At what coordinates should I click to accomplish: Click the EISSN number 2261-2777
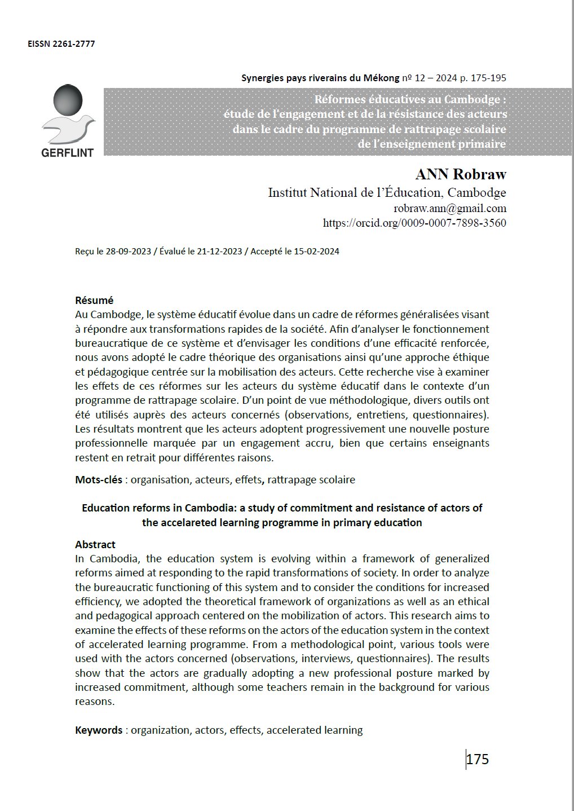[73, 44]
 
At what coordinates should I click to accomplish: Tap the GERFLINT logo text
[67, 153]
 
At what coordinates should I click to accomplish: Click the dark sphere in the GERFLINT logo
[68, 100]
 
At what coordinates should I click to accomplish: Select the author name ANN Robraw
[461, 174]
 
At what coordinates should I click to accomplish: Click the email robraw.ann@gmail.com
[449, 209]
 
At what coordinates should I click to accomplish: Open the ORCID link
[414, 223]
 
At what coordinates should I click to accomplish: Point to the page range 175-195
[488, 78]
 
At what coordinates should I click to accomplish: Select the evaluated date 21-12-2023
[219, 252]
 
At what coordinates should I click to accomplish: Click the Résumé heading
[94, 301]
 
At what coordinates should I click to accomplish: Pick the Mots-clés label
[99, 480]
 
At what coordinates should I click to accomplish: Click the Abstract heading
[95, 545]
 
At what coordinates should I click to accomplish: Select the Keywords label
[99, 730]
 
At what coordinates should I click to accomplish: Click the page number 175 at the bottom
[478, 760]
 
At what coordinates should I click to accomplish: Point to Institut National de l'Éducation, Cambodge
[387, 193]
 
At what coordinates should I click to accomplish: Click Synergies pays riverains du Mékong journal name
[320, 78]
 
